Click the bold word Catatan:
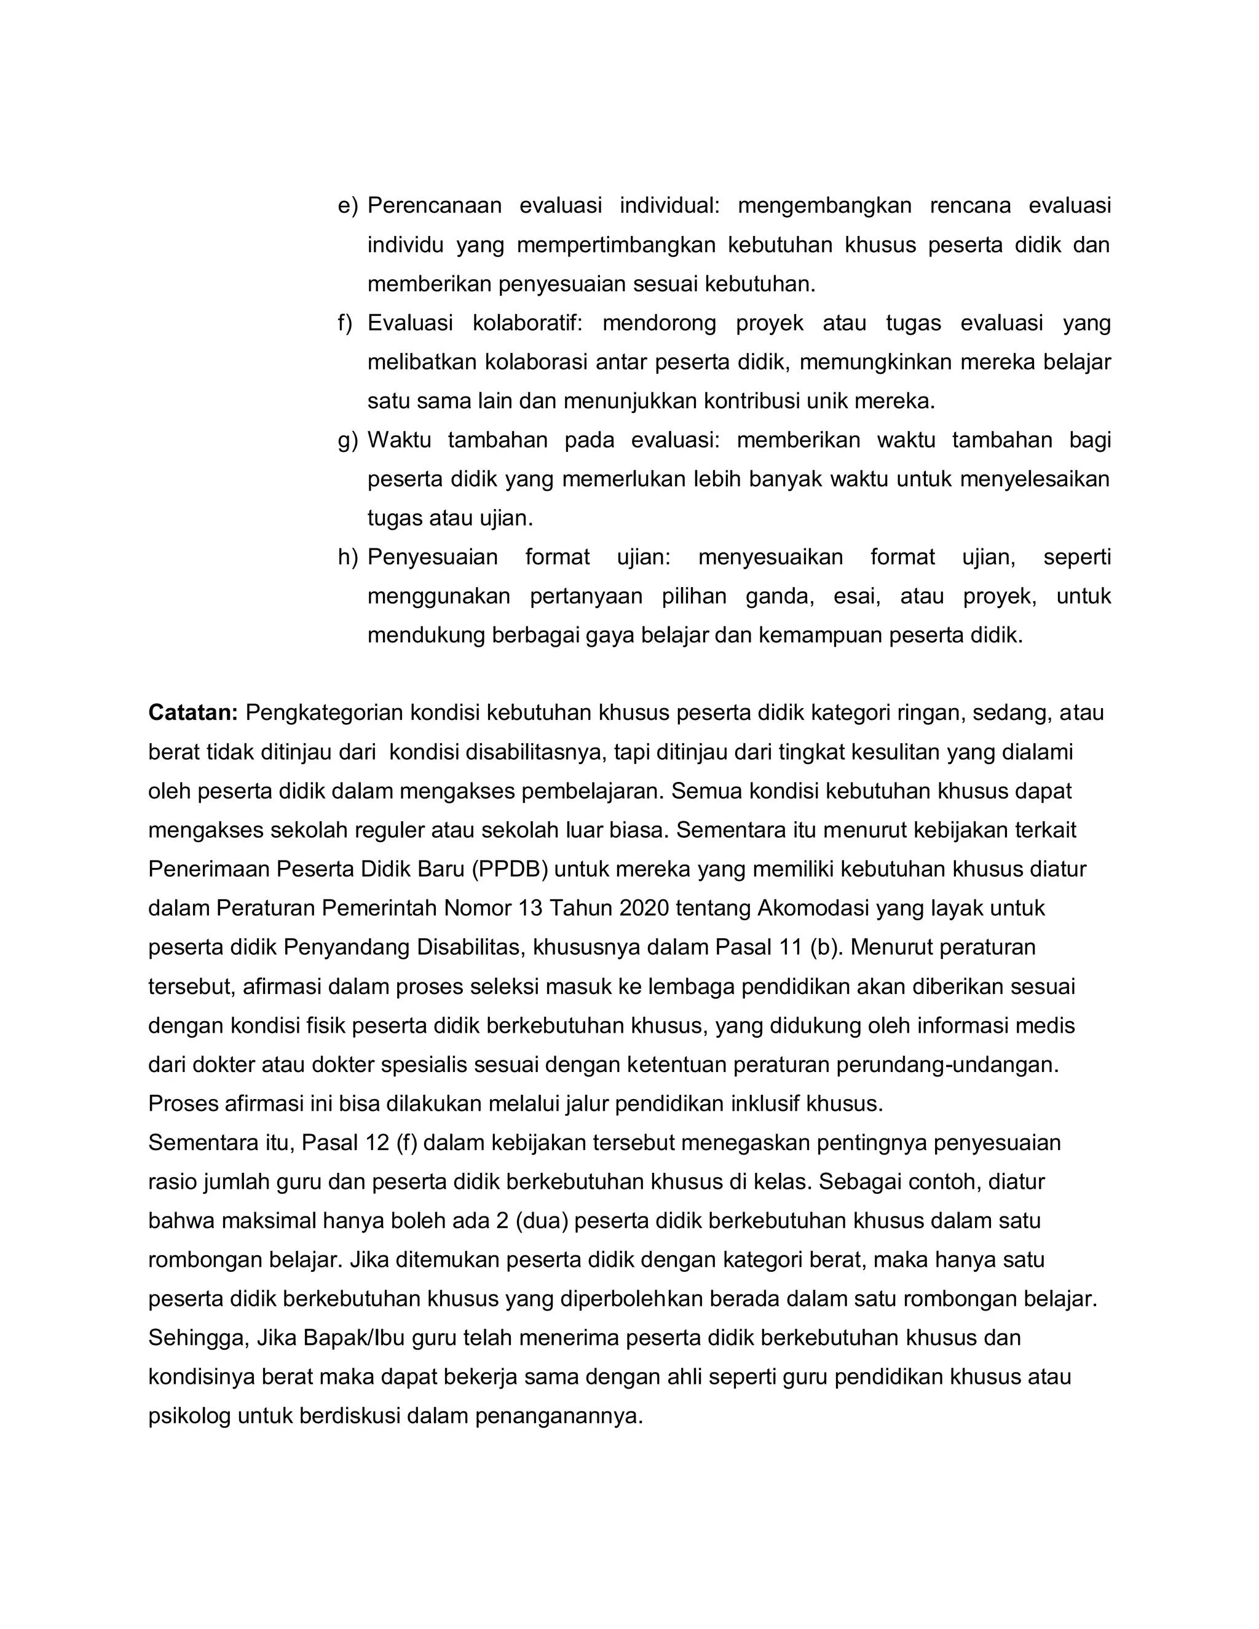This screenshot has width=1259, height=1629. click(192, 713)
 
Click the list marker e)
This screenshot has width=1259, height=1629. click(347, 206)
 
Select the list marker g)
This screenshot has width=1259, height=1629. click(347, 440)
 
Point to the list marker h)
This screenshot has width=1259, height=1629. click(347, 557)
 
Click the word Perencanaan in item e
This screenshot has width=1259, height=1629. click(434, 206)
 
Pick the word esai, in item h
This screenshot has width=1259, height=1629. click(857, 597)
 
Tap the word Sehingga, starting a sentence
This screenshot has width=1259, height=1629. click(199, 1339)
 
